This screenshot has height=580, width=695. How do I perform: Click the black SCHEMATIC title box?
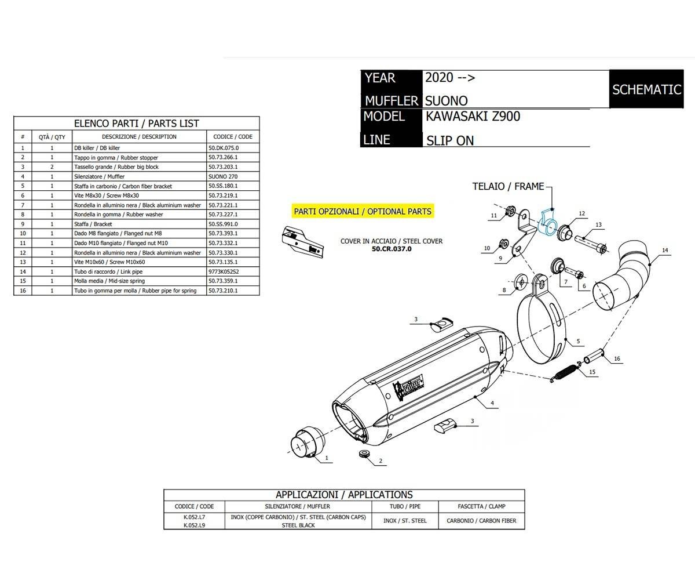tap(646, 89)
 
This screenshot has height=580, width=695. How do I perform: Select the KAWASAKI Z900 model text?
tap(473, 116)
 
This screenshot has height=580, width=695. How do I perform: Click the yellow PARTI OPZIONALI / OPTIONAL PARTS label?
tap(362, 211)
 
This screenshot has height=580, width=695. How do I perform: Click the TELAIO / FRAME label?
tap(508, 186)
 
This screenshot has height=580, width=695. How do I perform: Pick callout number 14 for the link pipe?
tap(665, 251)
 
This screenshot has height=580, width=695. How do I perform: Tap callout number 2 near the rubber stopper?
tap(381, 461)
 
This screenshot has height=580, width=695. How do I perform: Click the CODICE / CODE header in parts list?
tap(233, 137)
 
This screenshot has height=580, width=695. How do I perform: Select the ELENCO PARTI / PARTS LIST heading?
tap(136, 123)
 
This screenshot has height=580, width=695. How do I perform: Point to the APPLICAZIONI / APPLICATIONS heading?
tap(344, 495)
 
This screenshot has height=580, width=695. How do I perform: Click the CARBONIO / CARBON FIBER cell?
tap(481, 521)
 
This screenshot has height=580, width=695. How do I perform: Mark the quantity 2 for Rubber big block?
tap(52, 167)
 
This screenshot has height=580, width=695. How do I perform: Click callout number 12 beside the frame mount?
tap(581, 214)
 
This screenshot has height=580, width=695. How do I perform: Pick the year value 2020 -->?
tap(449, 78)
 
